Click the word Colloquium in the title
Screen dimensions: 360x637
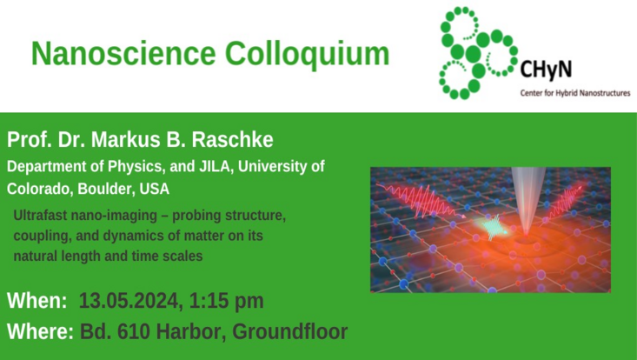[x=308, y=54]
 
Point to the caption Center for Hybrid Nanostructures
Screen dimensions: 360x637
[x=574, y=92]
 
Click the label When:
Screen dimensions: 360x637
[x=37, y=302]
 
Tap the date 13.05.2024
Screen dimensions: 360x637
[x=127, y=302]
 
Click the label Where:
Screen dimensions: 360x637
[x=40, y=331]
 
